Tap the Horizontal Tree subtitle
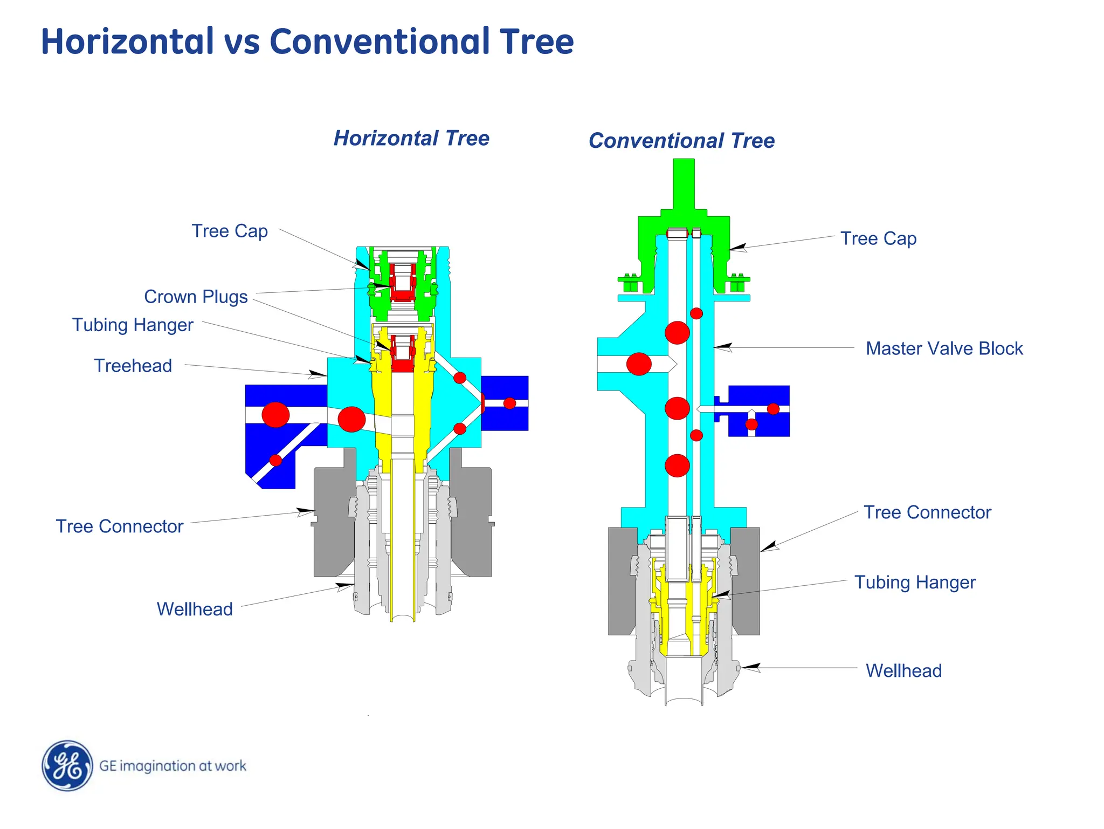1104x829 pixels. coord(411,138)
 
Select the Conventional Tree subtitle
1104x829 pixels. coord(681,141)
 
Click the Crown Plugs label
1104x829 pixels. coord(196,297)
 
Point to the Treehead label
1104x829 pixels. coord(133,366)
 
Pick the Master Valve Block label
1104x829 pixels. coord(944,348)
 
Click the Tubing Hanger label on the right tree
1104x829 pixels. coord(915,583)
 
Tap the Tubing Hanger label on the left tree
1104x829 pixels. coord(133,325)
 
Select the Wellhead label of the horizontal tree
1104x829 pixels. coord(195,609)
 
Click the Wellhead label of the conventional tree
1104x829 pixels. coord(903,671)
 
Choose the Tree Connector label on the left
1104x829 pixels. coord(120,526)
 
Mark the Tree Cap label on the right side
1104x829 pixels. coord(878,238)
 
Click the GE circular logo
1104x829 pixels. coord(67,765)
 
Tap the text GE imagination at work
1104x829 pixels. coord(172,766)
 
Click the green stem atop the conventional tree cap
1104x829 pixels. coord(684,183)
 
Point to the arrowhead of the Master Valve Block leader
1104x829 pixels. coord(722,347)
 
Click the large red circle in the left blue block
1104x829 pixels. coord(275,415)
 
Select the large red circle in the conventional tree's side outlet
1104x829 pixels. coord(639,364)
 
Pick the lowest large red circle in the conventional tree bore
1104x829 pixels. coord(677,465)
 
